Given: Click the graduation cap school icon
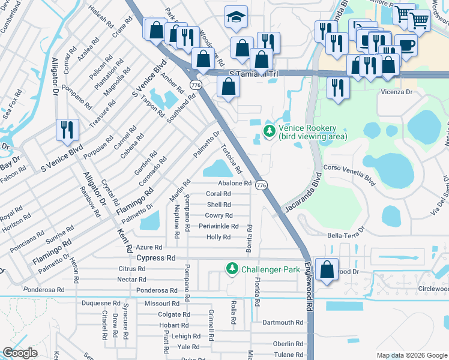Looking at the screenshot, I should (237, 18).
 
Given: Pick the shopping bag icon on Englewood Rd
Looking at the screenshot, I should (327, 271).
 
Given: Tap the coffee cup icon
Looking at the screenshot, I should (406, 45).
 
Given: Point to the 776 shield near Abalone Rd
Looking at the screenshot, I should (261, 185).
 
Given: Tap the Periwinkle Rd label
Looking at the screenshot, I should (218, 226).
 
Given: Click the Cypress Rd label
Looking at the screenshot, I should (155, 258).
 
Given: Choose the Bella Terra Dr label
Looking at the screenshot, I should (346, 232).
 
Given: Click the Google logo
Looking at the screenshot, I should (20, 353).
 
